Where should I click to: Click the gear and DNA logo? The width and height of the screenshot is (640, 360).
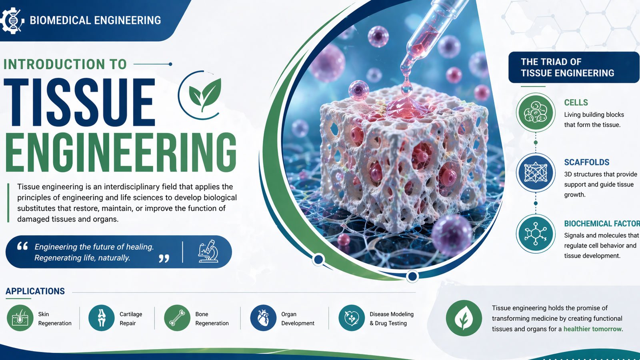(x=12, y=20)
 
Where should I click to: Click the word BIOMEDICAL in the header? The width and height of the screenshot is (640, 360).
(x=60, y=20)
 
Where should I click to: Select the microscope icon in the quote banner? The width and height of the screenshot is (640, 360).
(x=208, y=252)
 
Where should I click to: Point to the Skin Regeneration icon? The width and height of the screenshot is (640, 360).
(x=20, y=318)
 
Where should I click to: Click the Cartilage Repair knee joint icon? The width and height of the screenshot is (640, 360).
(x=102, y=318)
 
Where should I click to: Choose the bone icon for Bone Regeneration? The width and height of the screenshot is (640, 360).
(x=177, y=318)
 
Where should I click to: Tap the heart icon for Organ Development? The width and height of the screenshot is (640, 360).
(x=263, y=318)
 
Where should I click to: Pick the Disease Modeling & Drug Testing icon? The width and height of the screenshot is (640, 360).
(x=352, y=318)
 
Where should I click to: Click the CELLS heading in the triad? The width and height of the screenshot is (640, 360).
(x=576, y=102)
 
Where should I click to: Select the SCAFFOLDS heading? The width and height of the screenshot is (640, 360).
(x=586, y=162)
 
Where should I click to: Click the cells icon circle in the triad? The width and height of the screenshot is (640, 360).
(x=536, y=112)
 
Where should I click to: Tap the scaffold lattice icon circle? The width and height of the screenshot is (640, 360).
(x=536, y=172)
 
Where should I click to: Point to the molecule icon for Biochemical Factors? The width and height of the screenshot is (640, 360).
(x=536, y=234)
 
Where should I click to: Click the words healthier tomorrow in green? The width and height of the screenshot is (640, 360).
(x=592, y=329)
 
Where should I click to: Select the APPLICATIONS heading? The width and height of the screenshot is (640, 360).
(x=35, y=291)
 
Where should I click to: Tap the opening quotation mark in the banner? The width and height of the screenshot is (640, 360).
(x=22, y=246)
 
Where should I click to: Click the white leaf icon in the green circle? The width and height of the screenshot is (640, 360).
(x=464, y=318)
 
